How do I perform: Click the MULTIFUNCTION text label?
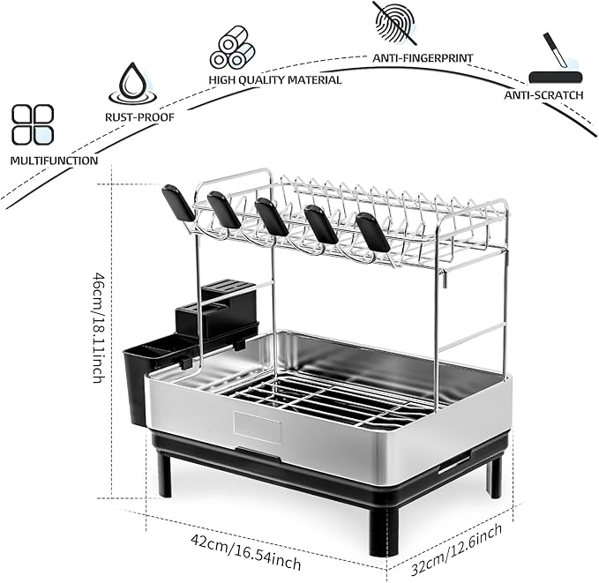(54, 161)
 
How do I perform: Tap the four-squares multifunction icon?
(33, 124)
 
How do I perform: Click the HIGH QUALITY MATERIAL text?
(275, 79)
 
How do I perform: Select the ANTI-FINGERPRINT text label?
(423, 57)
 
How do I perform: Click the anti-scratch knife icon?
(553, 62)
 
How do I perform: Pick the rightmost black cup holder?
(372, 232)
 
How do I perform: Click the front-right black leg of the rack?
(382, 530)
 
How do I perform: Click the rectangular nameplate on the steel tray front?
(258, 428)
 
